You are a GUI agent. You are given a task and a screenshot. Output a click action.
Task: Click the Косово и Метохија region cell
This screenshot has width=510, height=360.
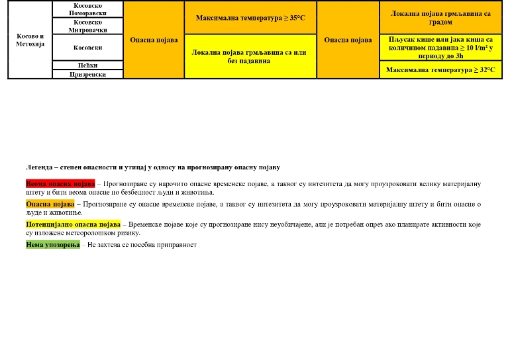[30, 40]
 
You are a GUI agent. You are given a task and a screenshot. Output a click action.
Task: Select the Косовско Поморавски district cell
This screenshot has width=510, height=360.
[87, 9]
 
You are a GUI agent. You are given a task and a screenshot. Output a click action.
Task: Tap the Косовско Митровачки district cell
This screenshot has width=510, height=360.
[87, 26]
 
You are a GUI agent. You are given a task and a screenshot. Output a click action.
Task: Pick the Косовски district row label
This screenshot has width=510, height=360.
[87, 48]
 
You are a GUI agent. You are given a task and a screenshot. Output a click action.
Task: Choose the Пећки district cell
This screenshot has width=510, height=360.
[87, 66]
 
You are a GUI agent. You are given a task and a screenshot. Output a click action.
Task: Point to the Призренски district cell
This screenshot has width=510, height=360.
[87, 75]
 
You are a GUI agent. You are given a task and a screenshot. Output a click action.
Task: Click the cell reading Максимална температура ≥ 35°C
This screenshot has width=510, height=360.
[250, 17]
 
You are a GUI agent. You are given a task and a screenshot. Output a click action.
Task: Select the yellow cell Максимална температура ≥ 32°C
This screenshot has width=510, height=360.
[440, 70]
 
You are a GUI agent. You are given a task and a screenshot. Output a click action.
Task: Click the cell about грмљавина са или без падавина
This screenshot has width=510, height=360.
[250, 56]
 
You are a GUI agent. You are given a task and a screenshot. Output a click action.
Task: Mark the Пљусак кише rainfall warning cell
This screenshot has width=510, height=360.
[440, 48]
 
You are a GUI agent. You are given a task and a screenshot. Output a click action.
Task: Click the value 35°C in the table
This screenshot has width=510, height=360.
[295, 17]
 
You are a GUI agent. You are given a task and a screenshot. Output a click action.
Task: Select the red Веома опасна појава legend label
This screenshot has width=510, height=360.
[60, 183]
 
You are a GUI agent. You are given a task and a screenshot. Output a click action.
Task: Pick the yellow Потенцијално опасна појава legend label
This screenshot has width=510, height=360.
[73, 224]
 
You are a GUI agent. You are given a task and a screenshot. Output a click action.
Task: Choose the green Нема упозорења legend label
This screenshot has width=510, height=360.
[53, 245]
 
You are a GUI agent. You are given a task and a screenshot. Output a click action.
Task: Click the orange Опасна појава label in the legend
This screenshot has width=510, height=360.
[50, 204]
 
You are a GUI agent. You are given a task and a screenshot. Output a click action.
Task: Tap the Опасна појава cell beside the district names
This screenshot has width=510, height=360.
[154, 40]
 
